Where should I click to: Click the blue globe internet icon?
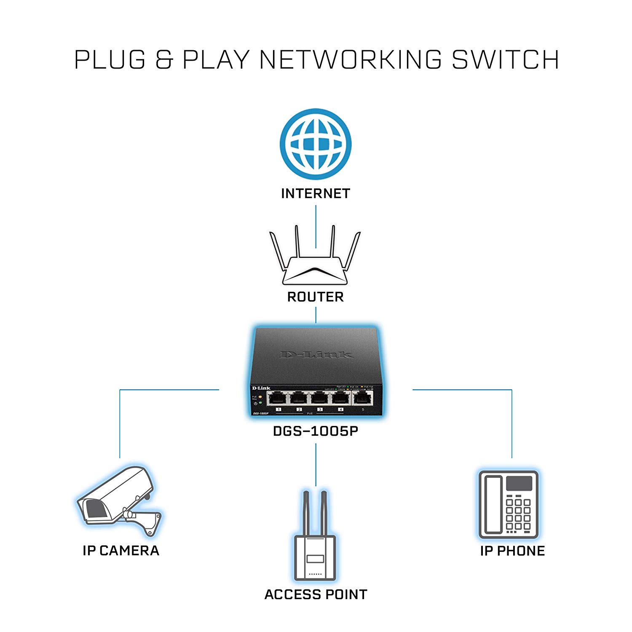pyautogui.click(x=316, y=144)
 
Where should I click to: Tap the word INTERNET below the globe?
pyautogui.click(x=316, y=193)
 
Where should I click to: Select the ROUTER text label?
pyautogui.click(x=316, y=297)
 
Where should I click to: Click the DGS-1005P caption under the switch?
pyautogui.click(x=316, y=431)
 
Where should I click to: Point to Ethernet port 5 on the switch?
pyautogui.click(x=362, y=398)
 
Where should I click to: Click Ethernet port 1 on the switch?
pyautogui.click(x=278, y=398)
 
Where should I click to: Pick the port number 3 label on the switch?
pyautogui.click(x=320, y=410)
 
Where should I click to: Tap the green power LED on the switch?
pyautogui.click(x=260, y=403)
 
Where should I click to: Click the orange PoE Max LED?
pyautogui.click(x=260, y=397)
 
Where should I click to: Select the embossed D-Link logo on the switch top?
pyautogui.click(x=316, y=355)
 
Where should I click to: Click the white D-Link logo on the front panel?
pyautogui.click(x=261, y=388)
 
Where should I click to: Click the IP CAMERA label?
pyautogui.click(x=121, y=551)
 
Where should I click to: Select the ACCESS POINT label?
pyautogui.click(x=316, y=595)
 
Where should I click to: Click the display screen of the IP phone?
pyautogui.click(x=519, y=483)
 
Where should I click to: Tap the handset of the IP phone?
pyautogui.click(x=493, y=504)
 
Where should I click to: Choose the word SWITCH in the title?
pyautogui.click(x=505, y=59)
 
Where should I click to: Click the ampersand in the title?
pyautogui.click(x=164, y=59)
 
